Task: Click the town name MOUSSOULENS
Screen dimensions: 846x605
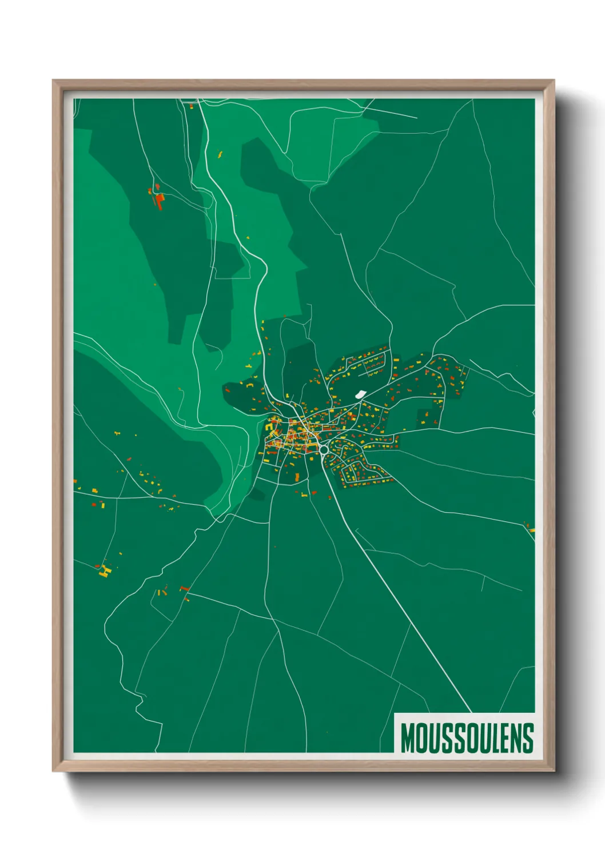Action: (467, 738)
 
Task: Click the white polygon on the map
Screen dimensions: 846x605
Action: (360, 394)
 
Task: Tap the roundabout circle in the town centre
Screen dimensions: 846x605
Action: (324, 449)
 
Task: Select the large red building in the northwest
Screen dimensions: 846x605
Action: (159, 201)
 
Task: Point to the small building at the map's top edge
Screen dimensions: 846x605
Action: (192, 106)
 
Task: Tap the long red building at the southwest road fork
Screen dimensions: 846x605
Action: (184, 588)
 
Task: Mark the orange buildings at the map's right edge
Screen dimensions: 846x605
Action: (530, 528)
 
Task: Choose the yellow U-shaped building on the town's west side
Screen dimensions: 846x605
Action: (269, 427)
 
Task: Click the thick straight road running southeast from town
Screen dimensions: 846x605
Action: (400, 600)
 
